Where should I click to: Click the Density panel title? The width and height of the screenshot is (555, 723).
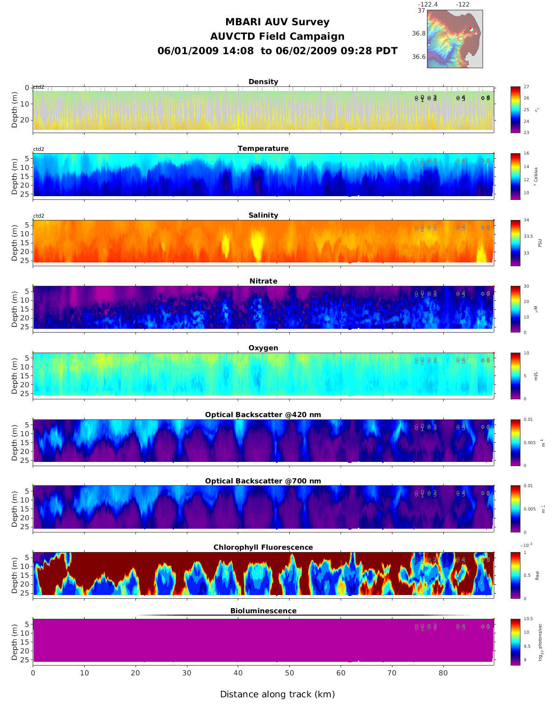tap(263, 82)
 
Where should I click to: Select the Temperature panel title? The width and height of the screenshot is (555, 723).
tap(263, 149)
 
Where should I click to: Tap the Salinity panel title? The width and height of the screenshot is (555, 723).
tap(263, 215)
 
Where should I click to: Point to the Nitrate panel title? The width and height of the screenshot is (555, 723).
tap(263, 281)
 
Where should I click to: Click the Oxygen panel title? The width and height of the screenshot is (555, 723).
tap(263, 348)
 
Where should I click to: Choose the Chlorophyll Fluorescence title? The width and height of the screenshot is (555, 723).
tap(263, 547)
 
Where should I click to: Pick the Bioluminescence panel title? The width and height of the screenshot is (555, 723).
tap(263, 611)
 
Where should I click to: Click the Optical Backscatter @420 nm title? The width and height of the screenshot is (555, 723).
tap(263, 415)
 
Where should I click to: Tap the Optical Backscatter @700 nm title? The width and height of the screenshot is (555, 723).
tap(263, 481)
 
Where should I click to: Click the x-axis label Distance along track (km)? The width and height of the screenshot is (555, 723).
tap(277, 695)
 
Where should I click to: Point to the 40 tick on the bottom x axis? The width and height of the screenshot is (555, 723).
tap(238, 673)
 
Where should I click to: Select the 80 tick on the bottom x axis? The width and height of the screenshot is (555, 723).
tap(443, 673)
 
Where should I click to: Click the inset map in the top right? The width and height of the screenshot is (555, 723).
tap(455, 39)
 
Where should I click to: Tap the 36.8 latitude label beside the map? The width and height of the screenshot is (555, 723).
tap(419, 34)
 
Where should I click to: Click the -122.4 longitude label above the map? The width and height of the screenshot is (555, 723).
tap(428, 5)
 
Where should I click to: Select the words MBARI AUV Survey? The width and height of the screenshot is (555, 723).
tap(277, 22)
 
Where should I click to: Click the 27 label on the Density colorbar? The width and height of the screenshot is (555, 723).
tap(527, 87)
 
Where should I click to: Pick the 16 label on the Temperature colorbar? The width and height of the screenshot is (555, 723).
tap(527, 154)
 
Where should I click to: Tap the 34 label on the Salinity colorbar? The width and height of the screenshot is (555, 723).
tap(527, 220)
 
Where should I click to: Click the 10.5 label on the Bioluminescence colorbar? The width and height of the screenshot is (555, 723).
tap(528, 619)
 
